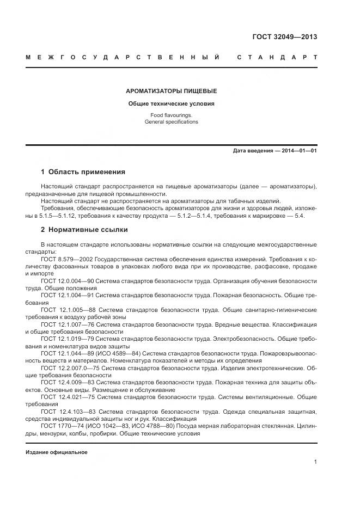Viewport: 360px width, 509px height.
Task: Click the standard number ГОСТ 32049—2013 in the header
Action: pos(284,37)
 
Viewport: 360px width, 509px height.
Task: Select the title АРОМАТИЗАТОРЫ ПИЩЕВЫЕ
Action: pos(172,91)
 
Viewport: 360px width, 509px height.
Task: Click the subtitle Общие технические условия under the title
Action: pos(172,103)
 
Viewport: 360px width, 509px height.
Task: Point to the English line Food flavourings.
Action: pos(172,115)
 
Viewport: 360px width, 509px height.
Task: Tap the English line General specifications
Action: pos(172,122)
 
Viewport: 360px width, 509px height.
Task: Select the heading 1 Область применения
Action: pos(83,171)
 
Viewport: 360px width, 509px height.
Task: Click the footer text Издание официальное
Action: pos(56,452)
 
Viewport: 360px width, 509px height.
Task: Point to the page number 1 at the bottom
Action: pos(315,462)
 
